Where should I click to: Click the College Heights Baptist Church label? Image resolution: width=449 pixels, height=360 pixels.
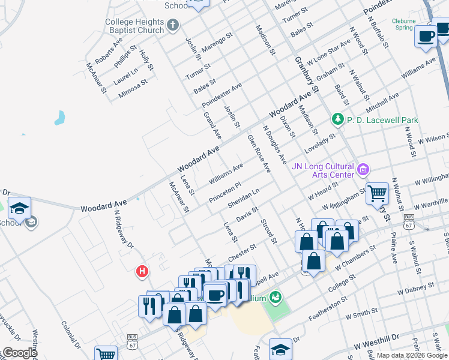(x=134, y=26)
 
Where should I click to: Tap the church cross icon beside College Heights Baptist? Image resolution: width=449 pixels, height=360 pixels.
(x=173, y=26)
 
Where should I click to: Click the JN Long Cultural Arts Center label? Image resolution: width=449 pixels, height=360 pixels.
(x=322, y=170)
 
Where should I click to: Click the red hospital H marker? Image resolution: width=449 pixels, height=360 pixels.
(x=142, y=272)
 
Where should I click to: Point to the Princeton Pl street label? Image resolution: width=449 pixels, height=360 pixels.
(x=224, y=193)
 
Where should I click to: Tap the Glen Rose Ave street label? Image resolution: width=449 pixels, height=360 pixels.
(x=259, y=154)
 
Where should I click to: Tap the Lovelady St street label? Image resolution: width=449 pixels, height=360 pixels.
(x=319, y=144)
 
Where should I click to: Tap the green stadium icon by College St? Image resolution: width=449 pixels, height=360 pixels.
(x=276, y=296)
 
